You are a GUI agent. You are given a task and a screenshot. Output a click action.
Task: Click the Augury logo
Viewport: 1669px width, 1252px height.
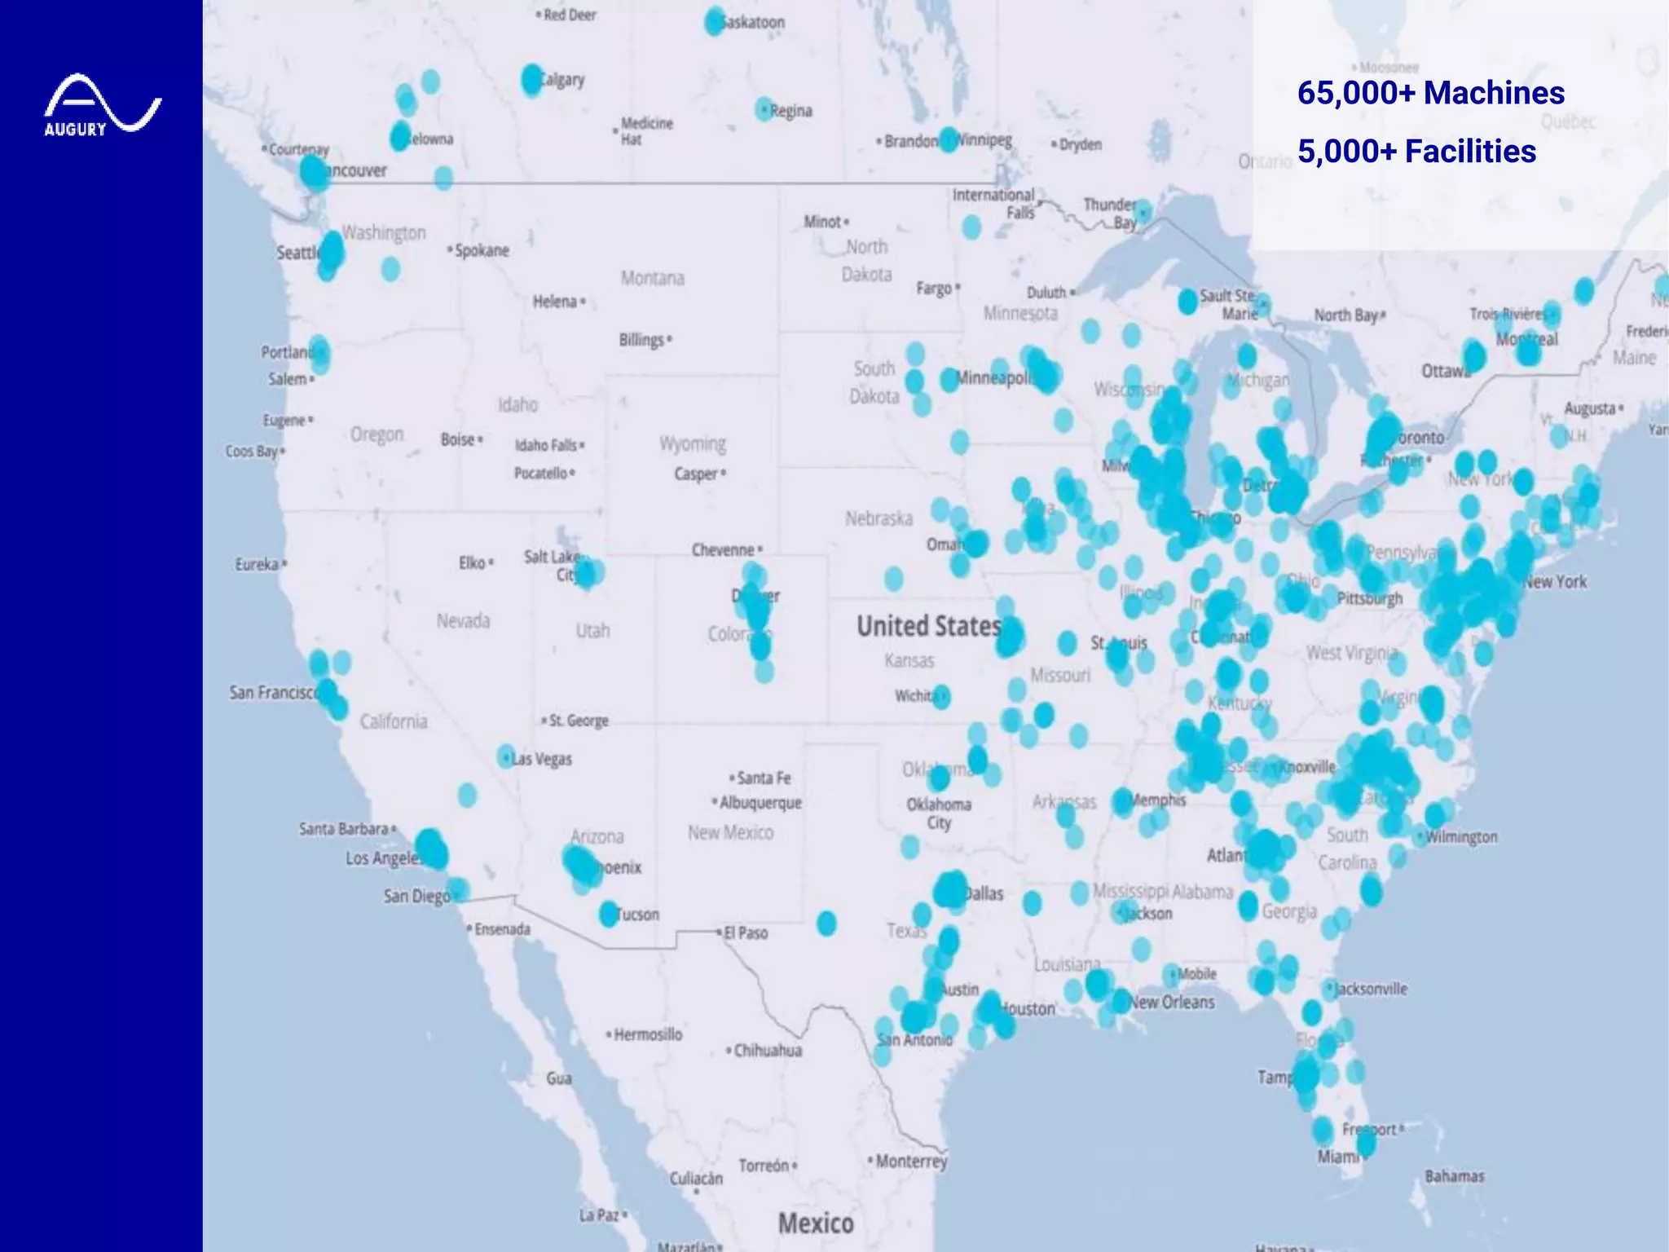pos(103,105)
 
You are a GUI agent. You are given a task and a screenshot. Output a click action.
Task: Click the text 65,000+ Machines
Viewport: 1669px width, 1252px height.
pos(1430,93)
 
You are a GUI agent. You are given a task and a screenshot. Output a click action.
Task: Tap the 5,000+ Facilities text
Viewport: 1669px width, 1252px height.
pos(1416,152)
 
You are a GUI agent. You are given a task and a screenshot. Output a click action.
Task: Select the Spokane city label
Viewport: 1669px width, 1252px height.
pos(481,250)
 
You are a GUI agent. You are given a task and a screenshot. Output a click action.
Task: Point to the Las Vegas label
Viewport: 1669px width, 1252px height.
pos(542,759)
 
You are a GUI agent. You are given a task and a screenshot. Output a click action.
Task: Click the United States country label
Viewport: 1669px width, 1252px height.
pos(928,626)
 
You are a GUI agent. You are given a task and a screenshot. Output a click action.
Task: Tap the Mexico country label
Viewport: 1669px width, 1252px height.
pos(816,1223)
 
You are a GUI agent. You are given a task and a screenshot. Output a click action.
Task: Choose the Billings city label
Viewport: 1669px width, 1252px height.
pos(641,339)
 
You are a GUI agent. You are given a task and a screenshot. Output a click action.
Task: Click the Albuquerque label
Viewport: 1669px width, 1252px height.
pos(760,803)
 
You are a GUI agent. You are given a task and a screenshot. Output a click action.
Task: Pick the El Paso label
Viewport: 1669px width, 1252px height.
pos(746,932)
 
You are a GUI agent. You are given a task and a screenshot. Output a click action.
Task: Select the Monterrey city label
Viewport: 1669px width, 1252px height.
pos(911,1161)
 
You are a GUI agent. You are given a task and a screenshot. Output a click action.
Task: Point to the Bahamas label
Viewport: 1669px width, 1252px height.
pos(1454,1175)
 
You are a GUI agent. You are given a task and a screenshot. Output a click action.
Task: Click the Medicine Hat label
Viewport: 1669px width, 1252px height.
pos(646,130)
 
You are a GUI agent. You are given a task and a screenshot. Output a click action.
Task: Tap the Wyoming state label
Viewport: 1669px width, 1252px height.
pos(693,443)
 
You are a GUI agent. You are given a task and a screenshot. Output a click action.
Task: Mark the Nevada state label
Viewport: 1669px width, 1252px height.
pos(463,621)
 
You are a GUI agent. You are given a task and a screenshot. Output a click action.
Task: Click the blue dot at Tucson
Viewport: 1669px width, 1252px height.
pos(609,914)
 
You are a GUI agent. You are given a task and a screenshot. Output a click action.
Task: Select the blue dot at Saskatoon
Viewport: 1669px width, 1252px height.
pos(714,22)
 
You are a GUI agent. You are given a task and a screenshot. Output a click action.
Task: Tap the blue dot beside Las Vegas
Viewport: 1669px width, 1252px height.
pos(506,756)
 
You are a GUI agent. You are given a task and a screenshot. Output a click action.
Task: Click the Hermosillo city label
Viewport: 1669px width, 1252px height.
pos(648,1034)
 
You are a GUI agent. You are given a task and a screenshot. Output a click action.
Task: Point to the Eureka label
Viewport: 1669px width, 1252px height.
pos(257,564)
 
